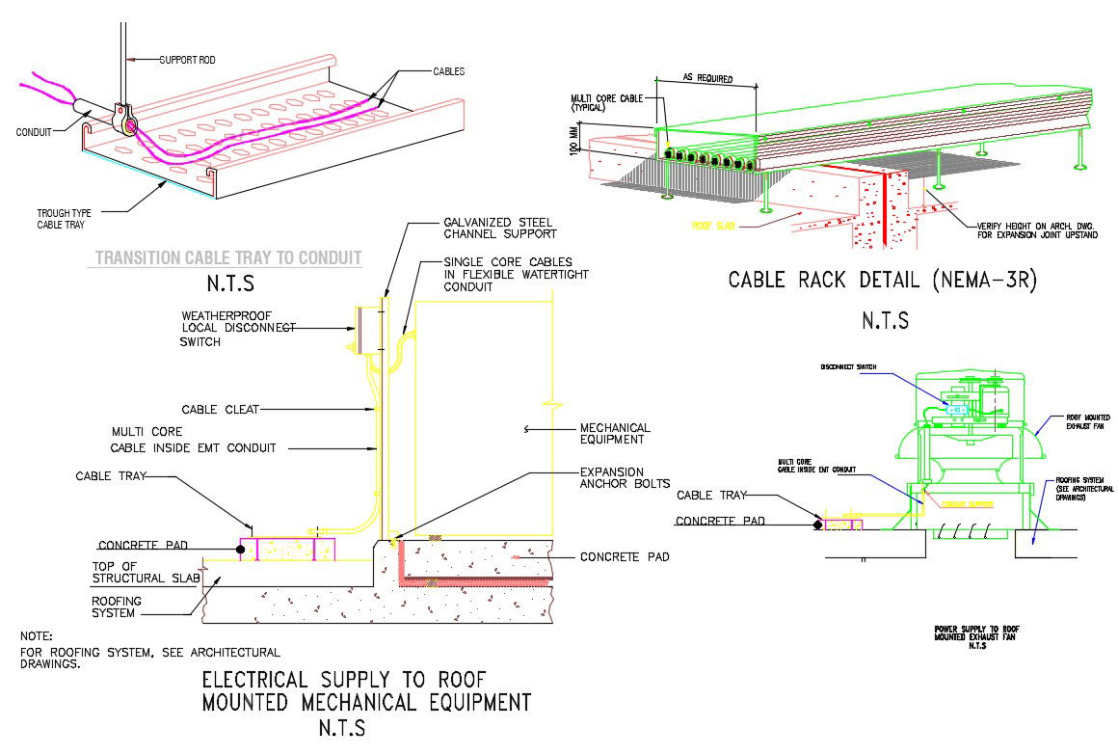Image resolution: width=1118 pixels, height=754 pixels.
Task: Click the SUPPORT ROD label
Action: [187, 60]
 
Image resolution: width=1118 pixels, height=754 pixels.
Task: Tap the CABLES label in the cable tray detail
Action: [449, 71]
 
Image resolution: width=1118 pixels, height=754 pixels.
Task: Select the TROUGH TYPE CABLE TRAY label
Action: [65, 219]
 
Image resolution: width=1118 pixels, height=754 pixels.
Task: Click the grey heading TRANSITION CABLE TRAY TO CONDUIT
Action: [227, 257]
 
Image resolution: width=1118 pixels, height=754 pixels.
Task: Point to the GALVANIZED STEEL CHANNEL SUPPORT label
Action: [499, 228]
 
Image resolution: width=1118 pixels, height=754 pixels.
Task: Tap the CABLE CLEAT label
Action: [220, 410]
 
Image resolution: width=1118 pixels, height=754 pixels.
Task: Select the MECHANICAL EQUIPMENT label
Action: [614, 434]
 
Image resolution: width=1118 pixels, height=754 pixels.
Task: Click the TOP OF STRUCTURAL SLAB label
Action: [146, 572]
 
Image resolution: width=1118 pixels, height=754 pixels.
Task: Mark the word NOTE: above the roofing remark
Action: [37, 636]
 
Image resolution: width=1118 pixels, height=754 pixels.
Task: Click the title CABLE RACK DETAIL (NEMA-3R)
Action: [884, 281]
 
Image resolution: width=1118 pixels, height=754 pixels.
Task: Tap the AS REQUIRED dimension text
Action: [707, 78]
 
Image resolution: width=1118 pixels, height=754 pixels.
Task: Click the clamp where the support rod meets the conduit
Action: [124, 120]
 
